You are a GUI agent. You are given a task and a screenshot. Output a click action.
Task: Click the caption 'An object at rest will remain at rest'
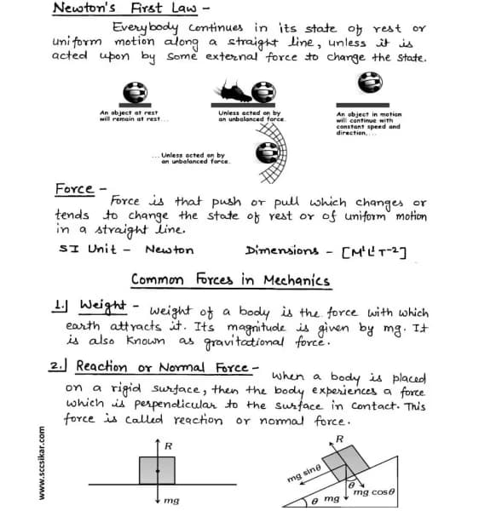[130, 116]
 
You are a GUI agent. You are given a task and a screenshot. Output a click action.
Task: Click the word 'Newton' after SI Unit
[170, 250]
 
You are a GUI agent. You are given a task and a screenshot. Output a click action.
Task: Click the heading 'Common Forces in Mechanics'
[230, 279]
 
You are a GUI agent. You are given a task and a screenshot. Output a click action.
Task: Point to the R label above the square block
[169, 445]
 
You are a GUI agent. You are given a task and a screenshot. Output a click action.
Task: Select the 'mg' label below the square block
[171, 501]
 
